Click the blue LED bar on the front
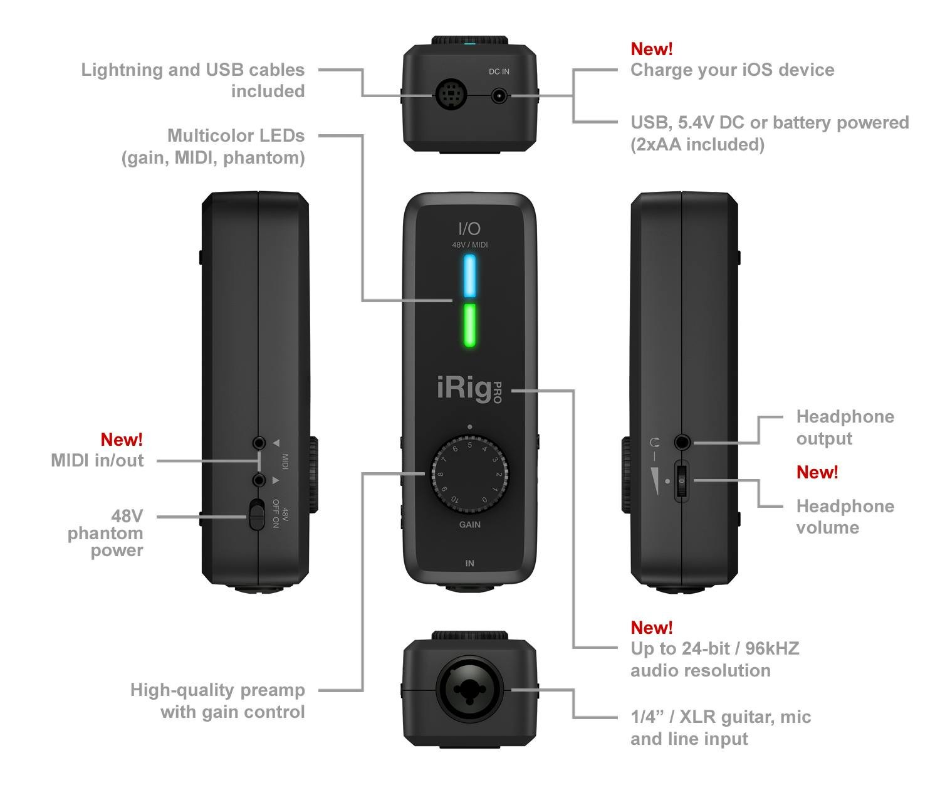click(x=469, y=275)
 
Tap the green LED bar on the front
click(x=469, y=325)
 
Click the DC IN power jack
click(x=499, y=96)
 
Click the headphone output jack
click(x=682, y=443)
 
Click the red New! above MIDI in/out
click(x=122, y=440)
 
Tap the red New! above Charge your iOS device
click(x=651, y=49)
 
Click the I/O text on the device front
click(x=469, y=229)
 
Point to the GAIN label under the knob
click(x=469, y=524)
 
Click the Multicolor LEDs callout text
click(x=236, y=135)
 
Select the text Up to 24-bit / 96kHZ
click(x=714, y=648)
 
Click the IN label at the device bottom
click(x=469, y=563)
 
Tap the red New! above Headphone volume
click(x=817, y=472)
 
